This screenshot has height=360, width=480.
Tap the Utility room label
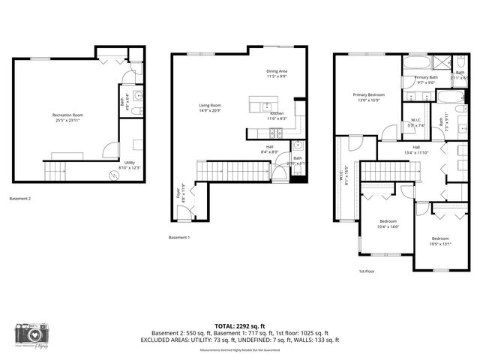tap(130, 163)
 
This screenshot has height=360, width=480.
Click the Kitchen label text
tap(277, 113)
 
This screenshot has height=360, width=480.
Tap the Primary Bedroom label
tap(369, 95)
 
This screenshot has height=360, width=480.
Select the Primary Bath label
tap(426, 78)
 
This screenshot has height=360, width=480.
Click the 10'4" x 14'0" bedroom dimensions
tap(388, 226)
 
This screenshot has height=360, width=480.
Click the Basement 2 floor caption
tap(20, 199)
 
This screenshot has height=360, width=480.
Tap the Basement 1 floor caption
tap(180, 238)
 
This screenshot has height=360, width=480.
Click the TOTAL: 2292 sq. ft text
tap(240, 325)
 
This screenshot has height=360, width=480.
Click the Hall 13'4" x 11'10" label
tap(415, 149)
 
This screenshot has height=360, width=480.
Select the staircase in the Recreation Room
tap(56, 172)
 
